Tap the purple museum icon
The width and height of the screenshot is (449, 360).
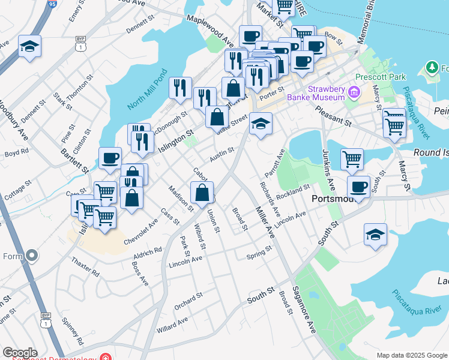pos(354,92)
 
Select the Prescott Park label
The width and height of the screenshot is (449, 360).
pos(381,77)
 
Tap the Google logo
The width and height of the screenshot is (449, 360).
pos(20,353)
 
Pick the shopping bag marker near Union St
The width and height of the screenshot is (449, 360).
pos(202,193)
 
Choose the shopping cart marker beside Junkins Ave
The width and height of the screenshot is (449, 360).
pos(351,160)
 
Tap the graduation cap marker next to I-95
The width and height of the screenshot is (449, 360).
pos(29,47)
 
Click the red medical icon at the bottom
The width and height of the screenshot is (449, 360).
pos(106,358)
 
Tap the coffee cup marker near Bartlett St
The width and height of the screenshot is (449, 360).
pos(110,158)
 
